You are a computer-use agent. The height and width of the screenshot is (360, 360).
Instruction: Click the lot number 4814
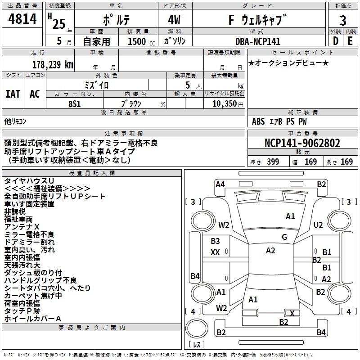pyautogui.click(x=22, y=19)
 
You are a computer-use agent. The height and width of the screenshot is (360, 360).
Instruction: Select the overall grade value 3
pyautogui.click(x=343, y=20)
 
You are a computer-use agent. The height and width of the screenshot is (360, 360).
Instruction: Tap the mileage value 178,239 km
pyautogui.click(x=53, y=64)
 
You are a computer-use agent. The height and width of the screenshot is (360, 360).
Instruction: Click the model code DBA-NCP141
pyautogui.click(x=257, y=41)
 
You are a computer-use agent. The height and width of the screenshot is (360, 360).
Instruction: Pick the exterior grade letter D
pyautogui.click(x=335, y=41)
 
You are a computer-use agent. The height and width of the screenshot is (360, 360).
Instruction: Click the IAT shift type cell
pyautogui.click(x=13, y=94)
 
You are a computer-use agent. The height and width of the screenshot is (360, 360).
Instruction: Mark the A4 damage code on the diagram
pyautogui.click(x=220, y=184)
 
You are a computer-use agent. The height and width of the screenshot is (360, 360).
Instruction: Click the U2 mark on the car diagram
pyautogui.click(x=318, y=225)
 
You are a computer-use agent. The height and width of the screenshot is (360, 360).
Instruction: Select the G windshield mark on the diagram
pyautogui.click(x=284, y=237)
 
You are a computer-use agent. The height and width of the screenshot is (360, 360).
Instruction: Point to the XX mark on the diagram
pyautogui.click(x=215, y=252)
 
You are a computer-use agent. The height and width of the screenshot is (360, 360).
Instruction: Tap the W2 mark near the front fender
pyautogui.click(x=224, y=225)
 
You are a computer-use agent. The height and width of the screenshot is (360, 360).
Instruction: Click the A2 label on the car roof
pyautogui.click(x=270, y=251)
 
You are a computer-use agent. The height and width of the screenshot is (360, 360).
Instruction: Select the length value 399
pyautogui.click(x=273, y=162)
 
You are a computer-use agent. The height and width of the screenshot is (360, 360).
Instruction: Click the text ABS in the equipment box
pyautogui.click(x=258, y=121)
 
